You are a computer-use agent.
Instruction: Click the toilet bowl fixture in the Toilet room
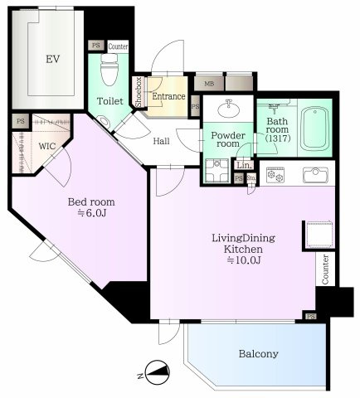[109, 70]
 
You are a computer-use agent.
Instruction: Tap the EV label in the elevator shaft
[53, 59]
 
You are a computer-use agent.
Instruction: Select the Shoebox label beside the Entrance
[139, 92]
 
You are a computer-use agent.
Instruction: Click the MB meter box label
[209, 84]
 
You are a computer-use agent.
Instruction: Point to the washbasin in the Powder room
[228, 109]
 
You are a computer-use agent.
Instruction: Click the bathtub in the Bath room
[315, 129]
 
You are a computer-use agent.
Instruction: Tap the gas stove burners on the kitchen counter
[275, 175]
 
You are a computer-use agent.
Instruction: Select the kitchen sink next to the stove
[315, 175]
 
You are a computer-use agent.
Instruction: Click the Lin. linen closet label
[244, 165]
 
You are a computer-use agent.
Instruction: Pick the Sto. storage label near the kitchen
[251, 177]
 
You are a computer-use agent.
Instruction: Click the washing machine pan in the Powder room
[216, 170]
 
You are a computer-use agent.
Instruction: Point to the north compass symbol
[157, 372]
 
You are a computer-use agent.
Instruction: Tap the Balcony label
[259, 353]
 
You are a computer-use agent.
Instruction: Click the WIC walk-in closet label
[47, 146]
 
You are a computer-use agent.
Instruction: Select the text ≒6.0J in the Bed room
[91, 213]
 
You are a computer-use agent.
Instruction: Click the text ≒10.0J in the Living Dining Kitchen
[244, 260]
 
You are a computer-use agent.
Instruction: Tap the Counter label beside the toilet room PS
[118, 46]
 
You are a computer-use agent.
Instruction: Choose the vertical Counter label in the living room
[325, 269]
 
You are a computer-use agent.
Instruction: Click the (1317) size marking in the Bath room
[278, 138]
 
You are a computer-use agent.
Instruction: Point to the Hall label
[161, 141]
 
